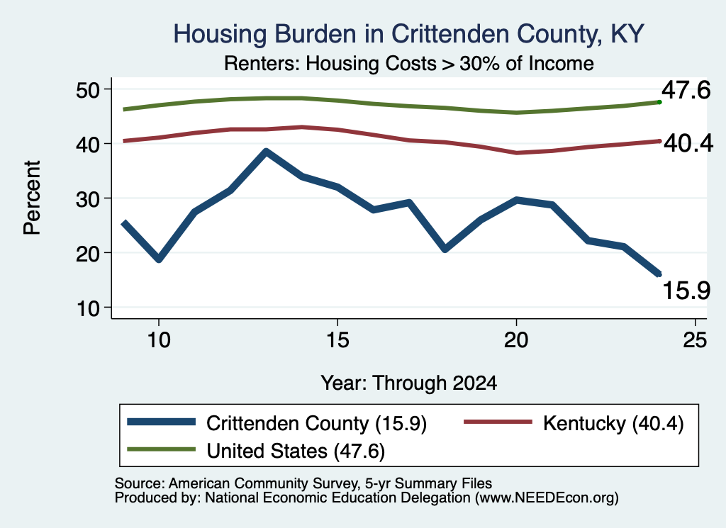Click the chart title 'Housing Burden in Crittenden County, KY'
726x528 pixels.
point(408,34)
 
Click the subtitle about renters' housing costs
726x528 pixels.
point(409,63)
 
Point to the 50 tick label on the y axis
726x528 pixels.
point(88,89)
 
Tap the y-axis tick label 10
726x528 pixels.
point(88,308)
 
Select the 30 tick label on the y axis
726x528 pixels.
point(88,198)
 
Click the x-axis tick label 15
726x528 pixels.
point(337,340)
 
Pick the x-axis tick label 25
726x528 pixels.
point(695,340)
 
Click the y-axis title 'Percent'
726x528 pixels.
point(32,198)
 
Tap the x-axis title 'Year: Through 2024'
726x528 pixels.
point(409,383)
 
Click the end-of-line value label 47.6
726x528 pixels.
point(686,90)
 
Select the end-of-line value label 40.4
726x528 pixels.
point(688,143)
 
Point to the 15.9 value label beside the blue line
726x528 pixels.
point(686,291)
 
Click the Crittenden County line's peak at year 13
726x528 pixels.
point(266,152)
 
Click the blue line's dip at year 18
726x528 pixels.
point(445,249)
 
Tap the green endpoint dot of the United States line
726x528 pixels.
point(659,102)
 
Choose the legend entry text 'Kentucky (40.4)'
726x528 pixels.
point(613,423)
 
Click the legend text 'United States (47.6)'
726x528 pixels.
point(296,451)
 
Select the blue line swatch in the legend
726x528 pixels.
point(161,422)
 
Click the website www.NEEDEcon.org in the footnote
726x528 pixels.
point(547,498)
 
